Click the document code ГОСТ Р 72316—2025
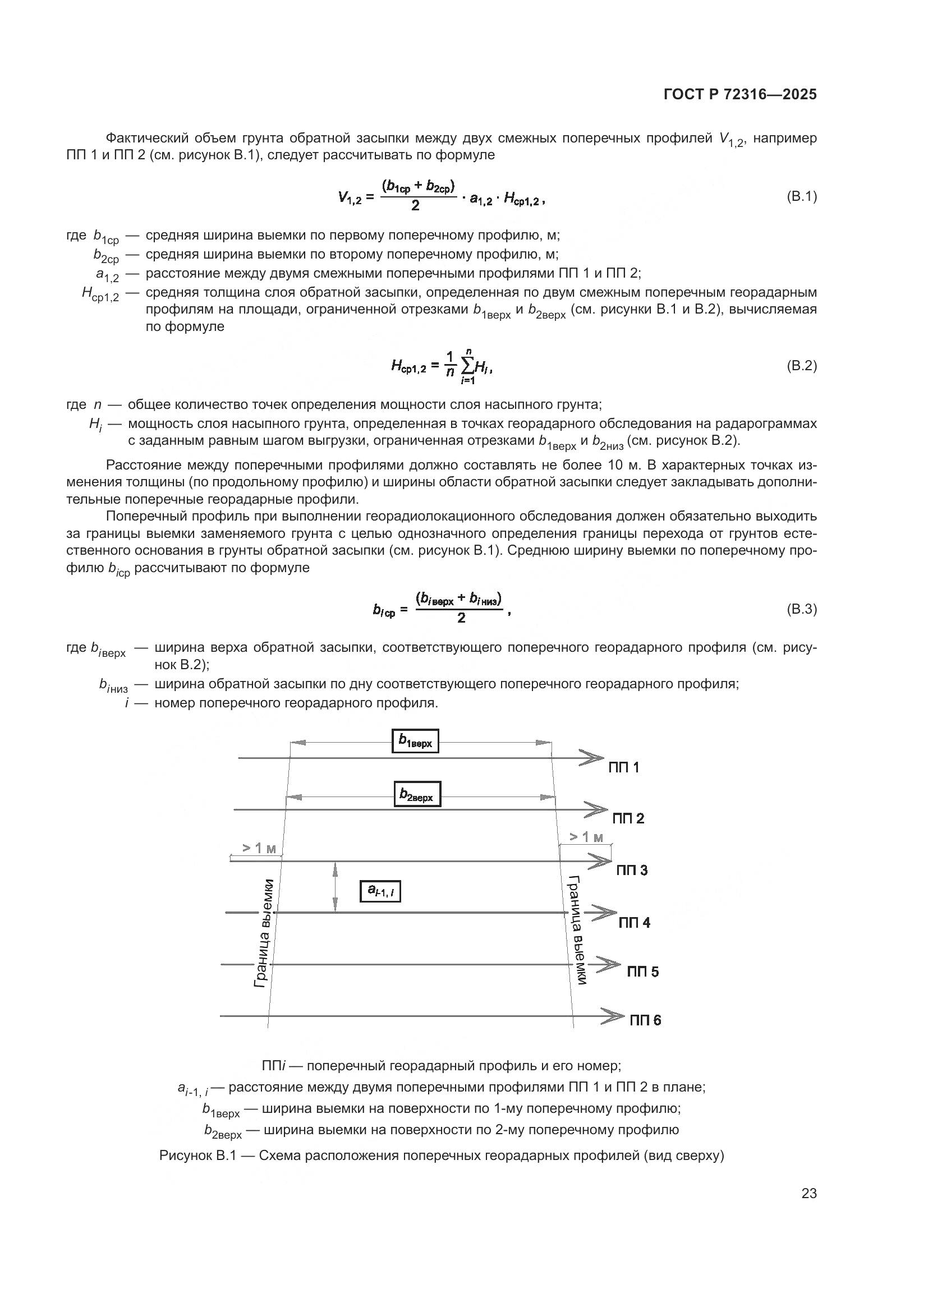coord(740,95)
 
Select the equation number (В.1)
coord(801,197)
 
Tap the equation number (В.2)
coord(801,366)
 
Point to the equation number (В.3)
coord(801,609)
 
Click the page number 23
coord(808,1194)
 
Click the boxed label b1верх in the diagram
coord(415,741)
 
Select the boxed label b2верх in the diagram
coord(417,794)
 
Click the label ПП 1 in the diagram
coord(623,768)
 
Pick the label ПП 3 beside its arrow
coord(631,871)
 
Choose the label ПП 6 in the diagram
coord(645,1020)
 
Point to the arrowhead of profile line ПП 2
coord(595,810)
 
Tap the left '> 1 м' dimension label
coord(259,848)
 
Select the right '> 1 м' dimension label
coord(586,837)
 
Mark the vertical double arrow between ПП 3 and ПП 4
coord(335,887)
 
